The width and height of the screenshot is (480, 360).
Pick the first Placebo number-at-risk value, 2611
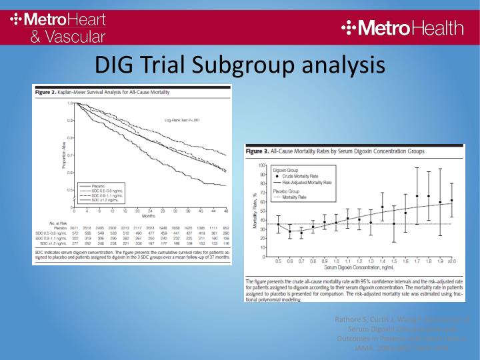(75, 227)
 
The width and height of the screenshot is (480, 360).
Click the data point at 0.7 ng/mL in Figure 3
(301, 233)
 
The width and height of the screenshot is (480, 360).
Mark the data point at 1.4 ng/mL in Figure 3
(382, 207)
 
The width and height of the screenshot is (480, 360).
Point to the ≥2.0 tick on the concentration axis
(451, 261)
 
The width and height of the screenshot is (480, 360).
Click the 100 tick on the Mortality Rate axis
(262, 165)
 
